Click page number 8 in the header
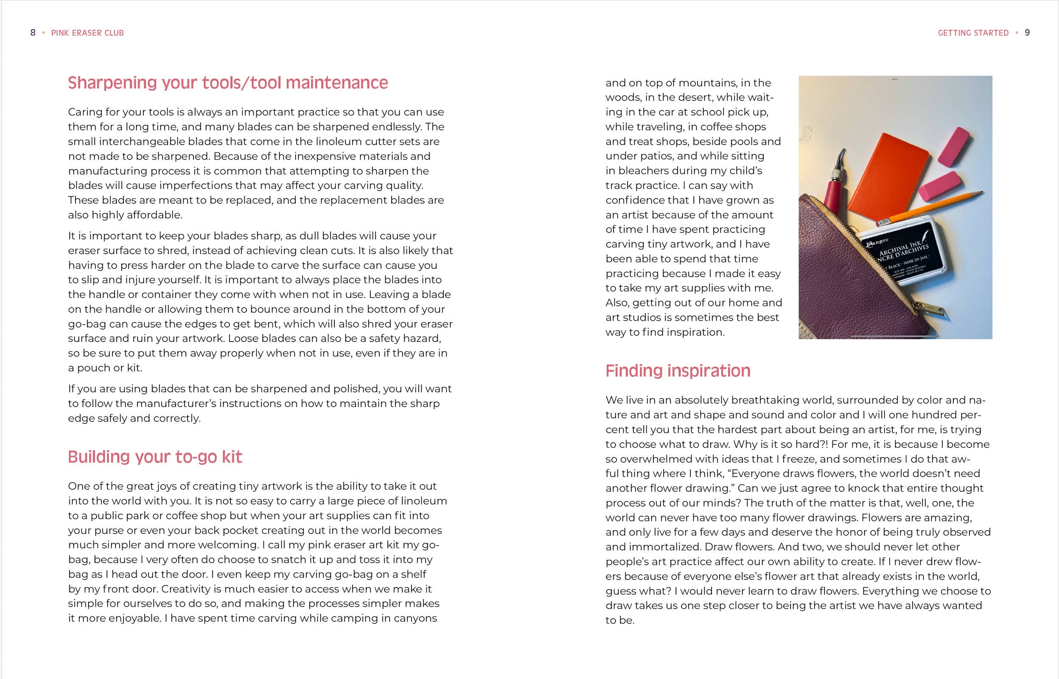click(x=33, y=33)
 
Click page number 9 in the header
click(x=1027, y=33)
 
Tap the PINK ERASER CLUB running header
click(x=87, y=33)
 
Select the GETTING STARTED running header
click(x=973, y=33)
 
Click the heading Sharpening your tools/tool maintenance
click(x=228, y=83)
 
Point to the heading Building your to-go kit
click(x=155, y=457)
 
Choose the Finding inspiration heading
click(x=678, y=371)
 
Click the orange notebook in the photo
click(x=886, y=177)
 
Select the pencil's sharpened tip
click(x=981, y=192)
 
